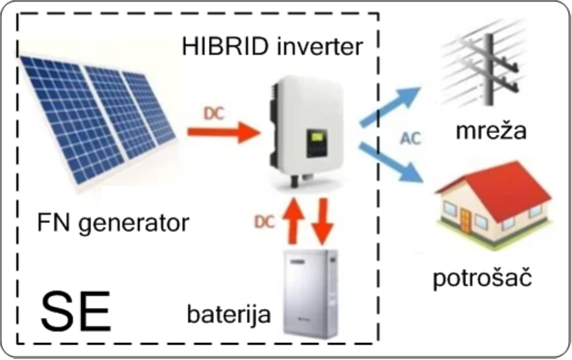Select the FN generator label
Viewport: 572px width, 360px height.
pos(113,223)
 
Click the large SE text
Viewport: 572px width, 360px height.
pos(76,311)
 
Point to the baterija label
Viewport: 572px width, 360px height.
pos(229,314)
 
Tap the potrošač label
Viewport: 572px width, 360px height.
pos(482,277)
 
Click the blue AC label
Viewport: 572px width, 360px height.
pos(410,139)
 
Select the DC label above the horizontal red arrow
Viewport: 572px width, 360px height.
pos(214,114)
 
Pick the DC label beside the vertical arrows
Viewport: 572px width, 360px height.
pos(264,222)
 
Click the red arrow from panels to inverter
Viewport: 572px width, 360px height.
pos(224,132)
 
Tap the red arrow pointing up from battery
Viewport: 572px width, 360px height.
pos(293,221)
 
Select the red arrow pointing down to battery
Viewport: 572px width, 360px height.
pos(323,221)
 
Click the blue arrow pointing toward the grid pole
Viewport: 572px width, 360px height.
pos(390,106)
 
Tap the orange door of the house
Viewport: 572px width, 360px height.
pos(466,221)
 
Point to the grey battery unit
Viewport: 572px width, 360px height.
pos(311,294)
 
